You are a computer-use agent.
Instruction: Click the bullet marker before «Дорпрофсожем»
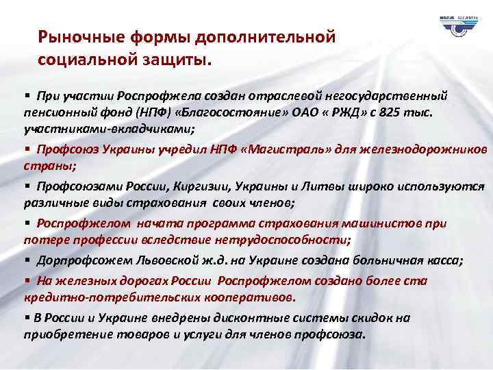[27, 261]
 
